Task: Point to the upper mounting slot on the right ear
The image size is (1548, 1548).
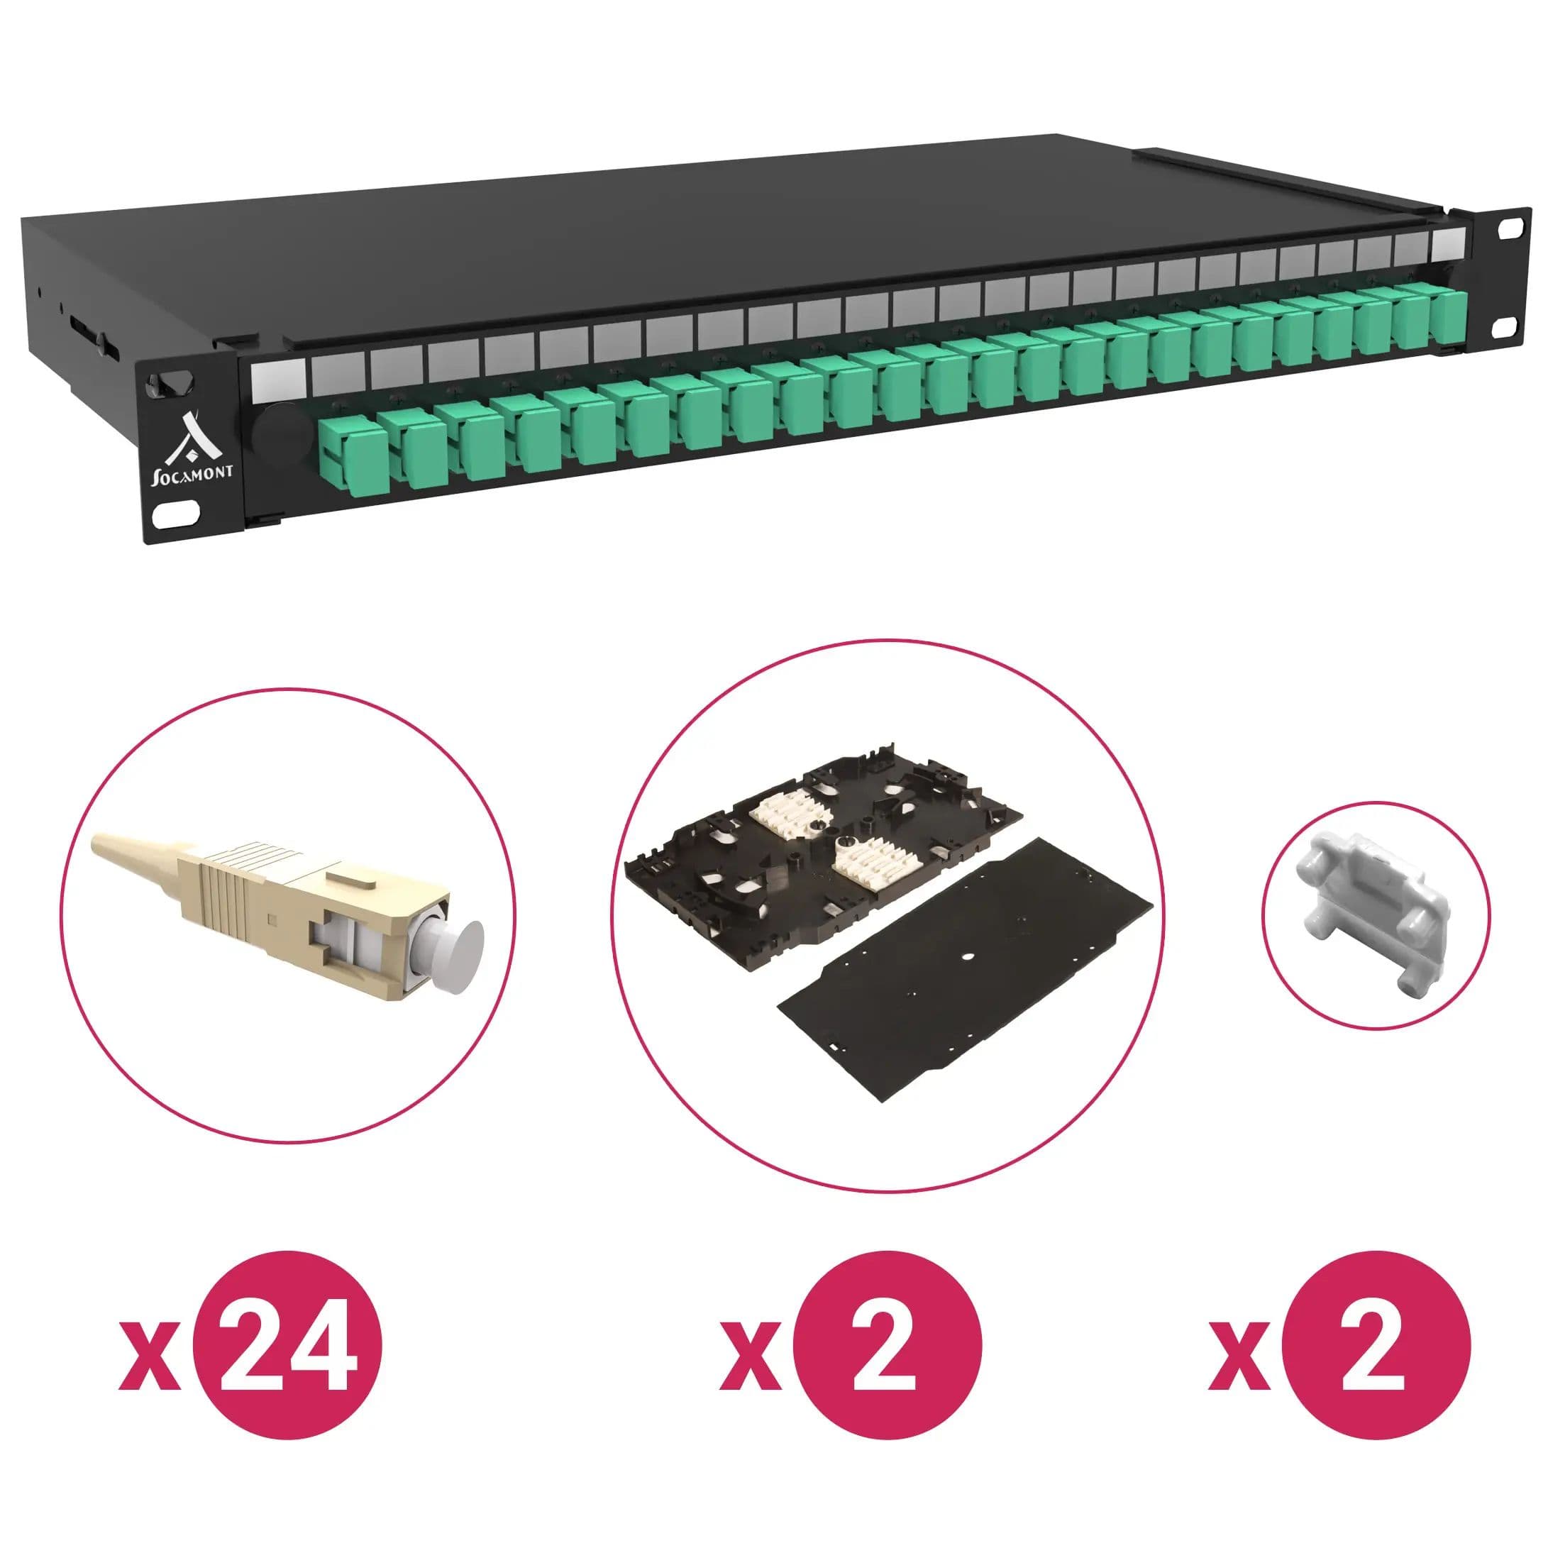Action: pyautogui.click(x=1511, y=227)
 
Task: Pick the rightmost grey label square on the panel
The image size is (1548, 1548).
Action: pyautogui.click(x=1450, y=243)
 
